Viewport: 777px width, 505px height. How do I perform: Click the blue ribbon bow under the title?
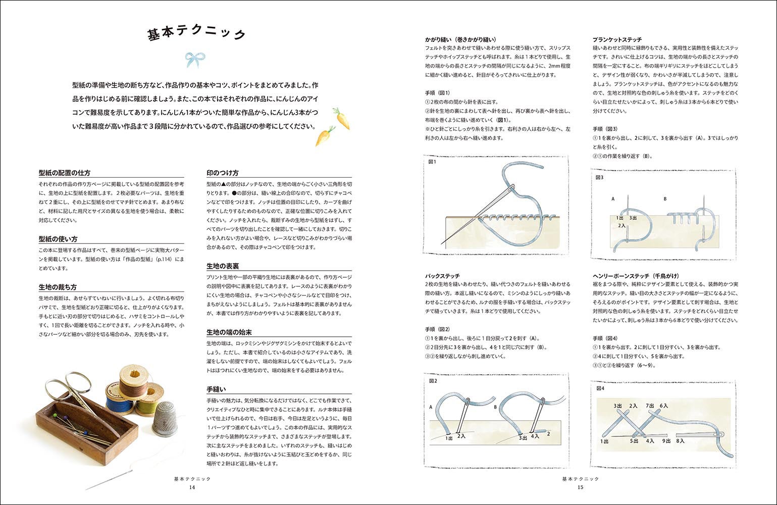(195, 60)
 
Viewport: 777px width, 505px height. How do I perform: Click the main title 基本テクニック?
(196, 33)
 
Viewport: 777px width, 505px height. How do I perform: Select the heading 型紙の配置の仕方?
(65, 173)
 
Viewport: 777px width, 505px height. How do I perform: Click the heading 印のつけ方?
(223, 173)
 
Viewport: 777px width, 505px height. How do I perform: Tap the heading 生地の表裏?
(223, 266)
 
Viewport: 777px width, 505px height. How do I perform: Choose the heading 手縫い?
(216, 389)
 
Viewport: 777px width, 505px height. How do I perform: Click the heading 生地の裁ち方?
(58, 287)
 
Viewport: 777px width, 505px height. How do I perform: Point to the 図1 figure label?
(432, 162)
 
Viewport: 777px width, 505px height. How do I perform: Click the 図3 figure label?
(600, 177)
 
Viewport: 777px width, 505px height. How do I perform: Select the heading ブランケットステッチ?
(617, 39)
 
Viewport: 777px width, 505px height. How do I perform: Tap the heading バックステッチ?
(443, 276)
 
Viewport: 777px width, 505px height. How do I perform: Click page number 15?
(580, 487)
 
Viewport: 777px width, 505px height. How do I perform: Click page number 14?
(192, 487)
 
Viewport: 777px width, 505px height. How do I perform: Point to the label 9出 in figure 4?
(666, 441)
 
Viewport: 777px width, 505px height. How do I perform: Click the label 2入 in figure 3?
(622, 226)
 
